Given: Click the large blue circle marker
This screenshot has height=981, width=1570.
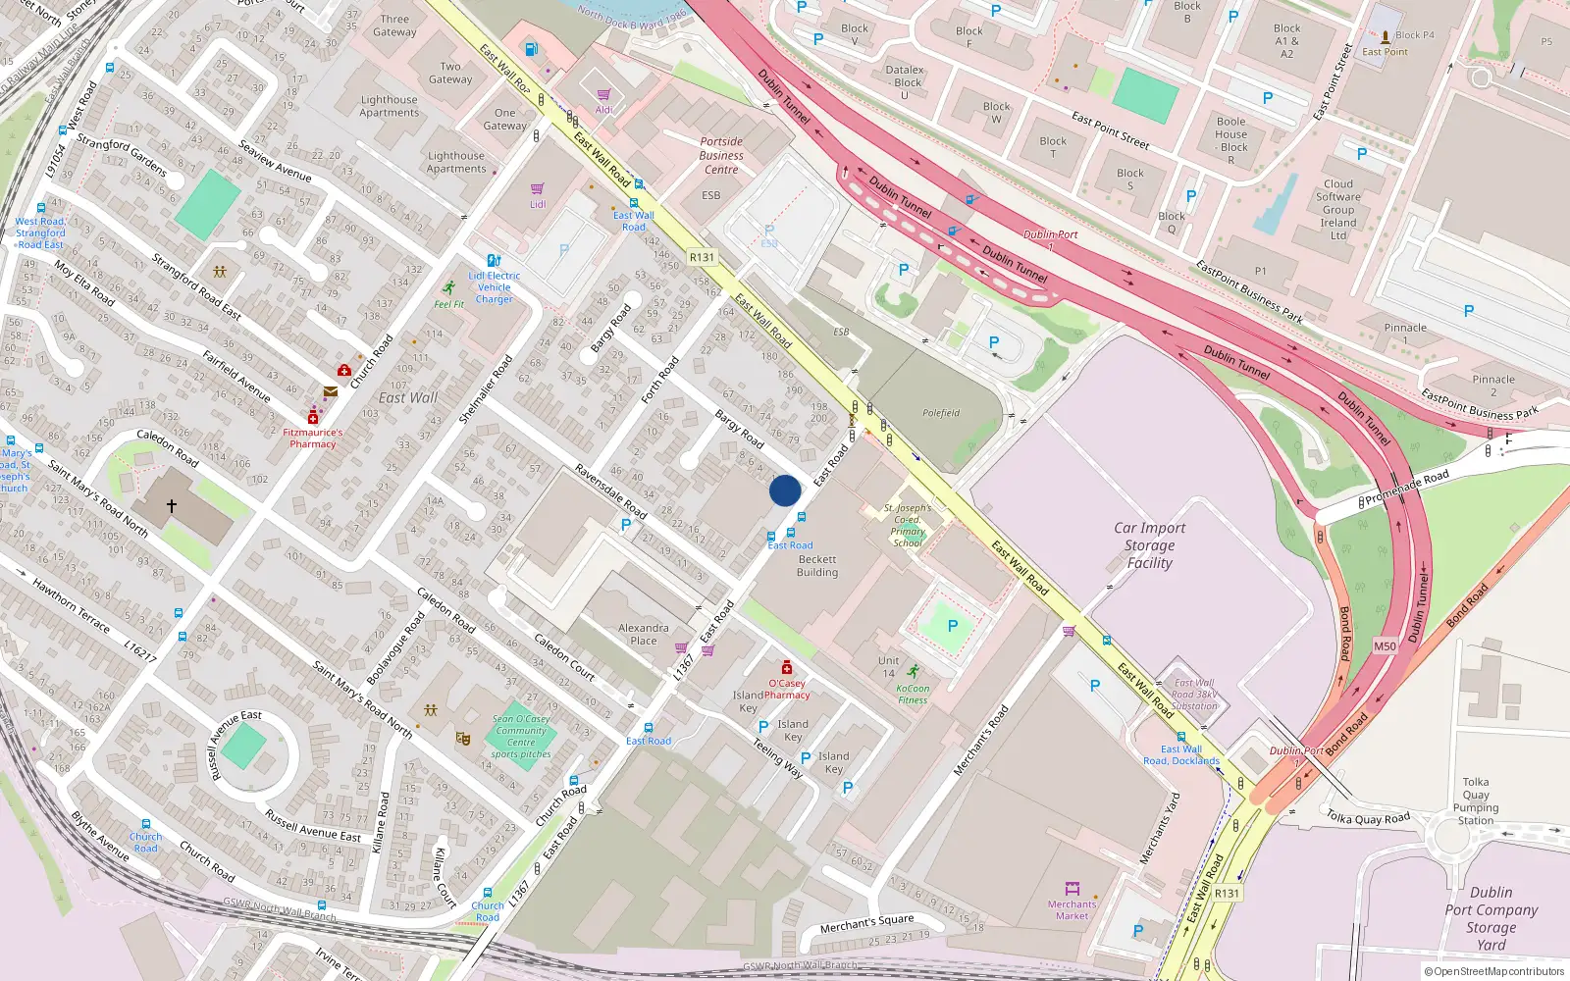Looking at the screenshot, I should (x=784, y=490).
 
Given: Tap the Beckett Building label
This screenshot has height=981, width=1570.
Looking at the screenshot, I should (x=816, y=566).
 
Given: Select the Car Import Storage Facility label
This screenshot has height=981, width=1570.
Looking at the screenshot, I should (x=1149, y=545).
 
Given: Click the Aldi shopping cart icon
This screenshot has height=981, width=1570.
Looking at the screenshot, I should (x=603, y=95).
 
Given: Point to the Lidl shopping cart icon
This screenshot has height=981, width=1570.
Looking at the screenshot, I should (x=538, y=189).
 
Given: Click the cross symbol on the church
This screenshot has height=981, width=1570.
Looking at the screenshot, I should (x=172, y=506).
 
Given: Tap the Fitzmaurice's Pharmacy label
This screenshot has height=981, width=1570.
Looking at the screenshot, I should (x=313, y=439).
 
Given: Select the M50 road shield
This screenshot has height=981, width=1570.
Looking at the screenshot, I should (x=1385, y=645).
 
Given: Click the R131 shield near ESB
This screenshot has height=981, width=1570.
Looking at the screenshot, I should (x=702, y=257).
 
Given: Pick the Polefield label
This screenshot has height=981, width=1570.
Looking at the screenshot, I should (x=940, y=413).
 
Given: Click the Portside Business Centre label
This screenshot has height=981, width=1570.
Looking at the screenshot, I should (x=721, y=156).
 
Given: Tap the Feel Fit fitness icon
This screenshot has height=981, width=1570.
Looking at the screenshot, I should (x=448, y=288).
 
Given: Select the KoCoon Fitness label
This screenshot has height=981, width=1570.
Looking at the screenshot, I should (x=913, y=695).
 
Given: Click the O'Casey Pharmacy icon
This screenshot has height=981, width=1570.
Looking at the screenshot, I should (x=786, y=668).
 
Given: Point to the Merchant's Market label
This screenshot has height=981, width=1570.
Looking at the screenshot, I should (x=1072, y=910).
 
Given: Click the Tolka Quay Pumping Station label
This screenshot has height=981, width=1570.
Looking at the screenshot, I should (x=1476, y=801).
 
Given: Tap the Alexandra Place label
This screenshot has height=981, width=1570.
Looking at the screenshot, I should (x=644, y=634).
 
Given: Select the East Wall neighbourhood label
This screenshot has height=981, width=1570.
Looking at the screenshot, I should (x=408, y=397).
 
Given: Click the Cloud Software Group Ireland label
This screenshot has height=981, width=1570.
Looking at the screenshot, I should (x=1338, y=210).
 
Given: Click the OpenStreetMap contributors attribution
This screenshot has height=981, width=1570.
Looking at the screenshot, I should (x=1493, y=971).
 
